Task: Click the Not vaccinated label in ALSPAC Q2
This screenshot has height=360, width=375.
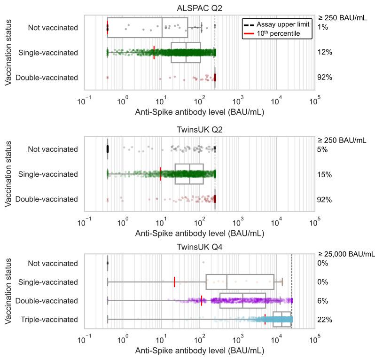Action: tap(53, 27)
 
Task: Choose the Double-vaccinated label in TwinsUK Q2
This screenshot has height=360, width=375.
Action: tap(47, 199)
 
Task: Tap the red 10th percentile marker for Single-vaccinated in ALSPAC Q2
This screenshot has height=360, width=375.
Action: tap(154, 52)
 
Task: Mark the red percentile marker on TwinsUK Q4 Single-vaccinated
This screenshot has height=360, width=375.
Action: tap(174, 282)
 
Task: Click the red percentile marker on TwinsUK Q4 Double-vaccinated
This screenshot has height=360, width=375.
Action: tap(202, 301)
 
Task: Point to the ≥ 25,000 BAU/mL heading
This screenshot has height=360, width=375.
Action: tap(346, 254)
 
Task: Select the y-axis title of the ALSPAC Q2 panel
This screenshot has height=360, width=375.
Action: tap(9, 52)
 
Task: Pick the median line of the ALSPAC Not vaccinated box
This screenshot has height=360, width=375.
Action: tap(162, 27)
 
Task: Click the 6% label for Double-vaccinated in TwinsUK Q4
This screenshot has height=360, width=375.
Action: tap(322, 301)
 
